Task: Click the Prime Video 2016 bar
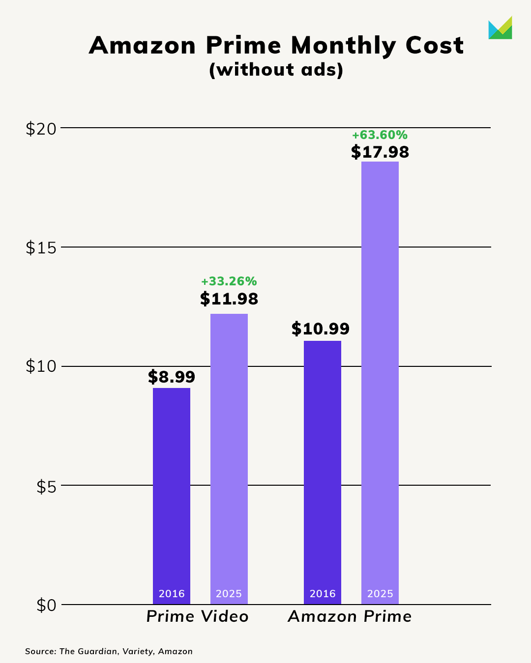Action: tap(172, 491)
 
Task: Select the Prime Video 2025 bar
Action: tap(229, 457)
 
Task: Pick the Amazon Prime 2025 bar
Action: tap(380, 383)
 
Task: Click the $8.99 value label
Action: tap(172, 377)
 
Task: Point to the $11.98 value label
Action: tap(229, 299)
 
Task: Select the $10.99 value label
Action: tap(321, 329)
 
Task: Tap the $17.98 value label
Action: tap(380, 152)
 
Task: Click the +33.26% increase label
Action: tap(229, 281)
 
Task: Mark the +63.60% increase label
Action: tap(380, 135)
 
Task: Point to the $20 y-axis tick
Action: tap(41, 129)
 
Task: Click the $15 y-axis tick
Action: tap(41, 248)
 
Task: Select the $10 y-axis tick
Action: tap(41, 367)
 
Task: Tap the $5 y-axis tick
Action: tap(47, 486)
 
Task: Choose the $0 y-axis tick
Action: tap(47, 606)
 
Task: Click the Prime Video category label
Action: tap(198, 616)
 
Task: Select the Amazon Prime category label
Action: tap(350, 616)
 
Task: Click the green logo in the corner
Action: tap(500, 28)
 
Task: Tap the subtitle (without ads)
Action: tap(276, 70)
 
